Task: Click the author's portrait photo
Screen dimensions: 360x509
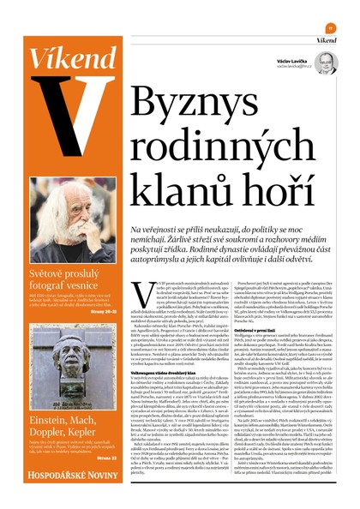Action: [x=325, y=63]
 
